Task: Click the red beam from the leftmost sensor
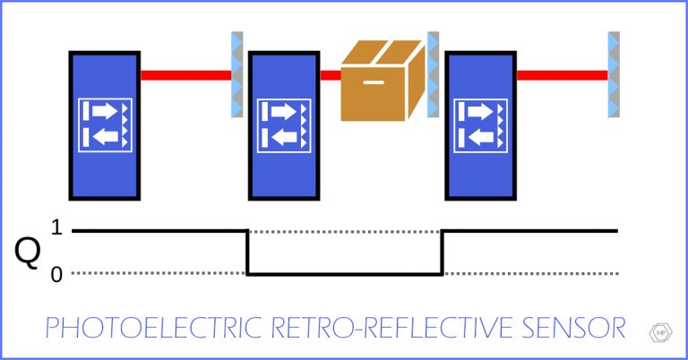184,75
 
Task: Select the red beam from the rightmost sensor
561,75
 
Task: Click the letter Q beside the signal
28,253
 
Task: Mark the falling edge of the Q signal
248,253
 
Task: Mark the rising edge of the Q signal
442,253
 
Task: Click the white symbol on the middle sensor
284,124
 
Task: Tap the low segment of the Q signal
345,274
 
